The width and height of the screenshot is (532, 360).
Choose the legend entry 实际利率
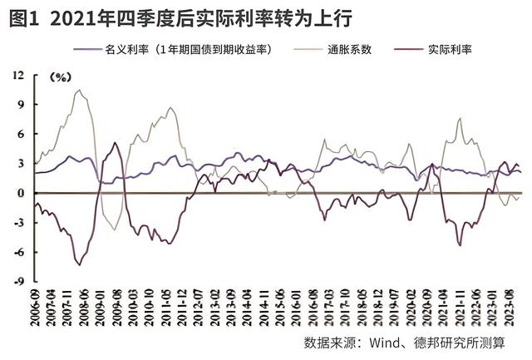pyautogui.click(x=450, y=49)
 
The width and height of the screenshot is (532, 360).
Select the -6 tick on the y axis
pyautogui.click(x=18, y=252)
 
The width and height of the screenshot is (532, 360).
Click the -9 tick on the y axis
pyautogui.click(x=18, y=281)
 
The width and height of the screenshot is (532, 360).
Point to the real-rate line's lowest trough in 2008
pyautogui.click(x=79, y=264)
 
